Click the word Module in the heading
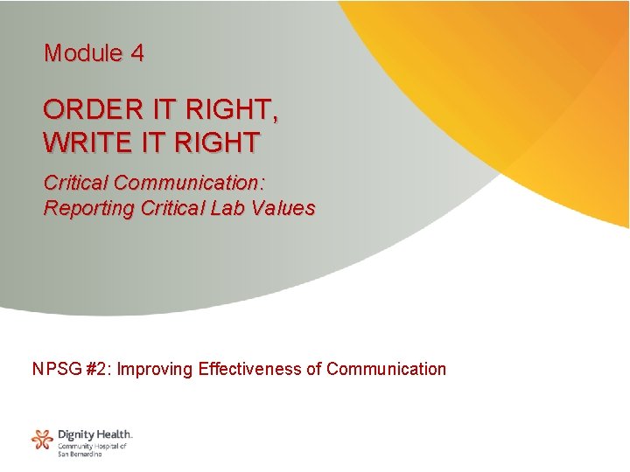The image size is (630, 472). (x=81, y=53)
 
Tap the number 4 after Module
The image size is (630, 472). (x=137, y=53)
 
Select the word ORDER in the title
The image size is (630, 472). (x=86, y=110)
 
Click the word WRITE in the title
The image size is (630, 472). (x=84, y=141)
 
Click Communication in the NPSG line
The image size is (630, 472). (x=386, y=369)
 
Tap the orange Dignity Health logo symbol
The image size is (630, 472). (x=42, y=439)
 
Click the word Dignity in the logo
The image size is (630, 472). (x=74, y=434)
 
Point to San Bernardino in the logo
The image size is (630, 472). (x=80, y=455)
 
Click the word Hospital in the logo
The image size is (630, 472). (x=106, y=446)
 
